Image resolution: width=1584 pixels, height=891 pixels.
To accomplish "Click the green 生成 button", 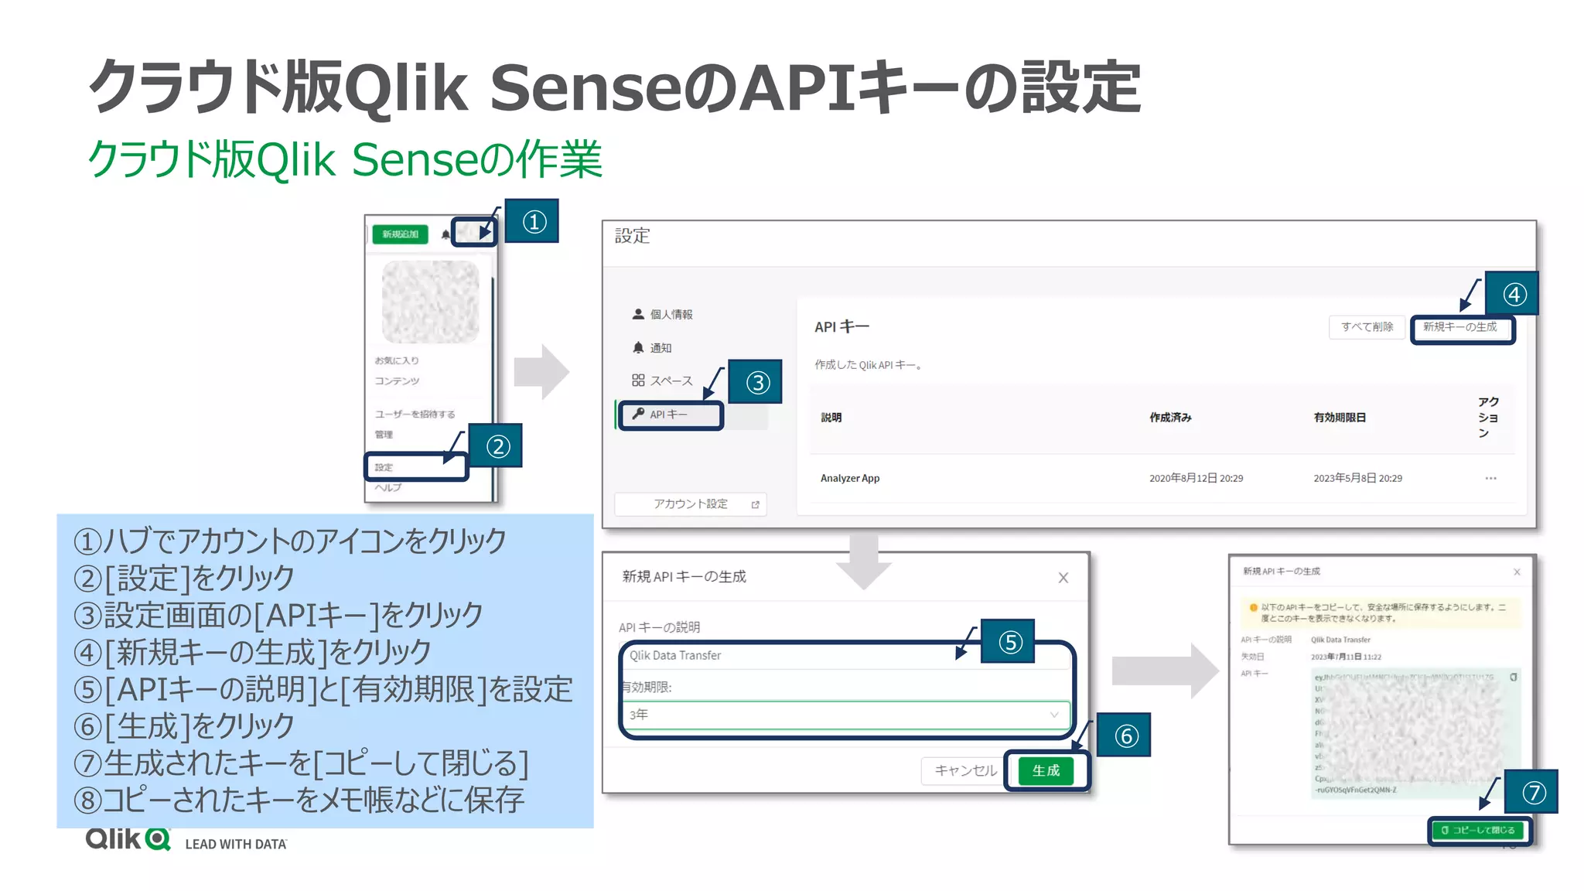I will (x=1046, y=770).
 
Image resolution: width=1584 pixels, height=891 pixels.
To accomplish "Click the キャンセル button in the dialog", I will (x=964, y=770).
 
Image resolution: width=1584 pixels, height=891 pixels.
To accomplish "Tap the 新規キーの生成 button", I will (x=1460, y=327).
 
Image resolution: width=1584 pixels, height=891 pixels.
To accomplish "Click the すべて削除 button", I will (x=1367, y=327).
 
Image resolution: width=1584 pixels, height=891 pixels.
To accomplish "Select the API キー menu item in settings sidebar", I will (x=670, y=415).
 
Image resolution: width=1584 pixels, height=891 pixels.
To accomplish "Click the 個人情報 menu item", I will (x=671, y=314).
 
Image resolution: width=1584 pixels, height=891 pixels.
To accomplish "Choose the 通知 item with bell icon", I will (x=660, y=348).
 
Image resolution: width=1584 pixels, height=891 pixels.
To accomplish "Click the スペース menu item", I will (x=671, y=381).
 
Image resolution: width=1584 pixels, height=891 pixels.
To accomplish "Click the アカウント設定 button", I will (x=690, y=504).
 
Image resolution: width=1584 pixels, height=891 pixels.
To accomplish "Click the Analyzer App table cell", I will (x=850, y=478).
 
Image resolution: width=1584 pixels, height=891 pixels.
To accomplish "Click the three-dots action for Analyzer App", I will (x=1490, y=478).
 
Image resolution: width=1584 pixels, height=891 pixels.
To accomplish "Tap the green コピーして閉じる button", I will (x=1478, y=830).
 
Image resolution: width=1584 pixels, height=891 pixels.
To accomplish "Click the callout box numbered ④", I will (x=1514, y=294).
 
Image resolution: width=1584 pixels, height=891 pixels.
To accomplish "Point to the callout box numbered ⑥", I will (x=1125, y=735).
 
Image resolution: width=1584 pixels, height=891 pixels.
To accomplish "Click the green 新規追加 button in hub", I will (x=400, y=234).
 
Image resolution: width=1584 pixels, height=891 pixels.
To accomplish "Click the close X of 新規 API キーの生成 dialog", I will (x=1063, y=578).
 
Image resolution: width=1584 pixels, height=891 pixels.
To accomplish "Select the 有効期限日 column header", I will (x=1340, y=418).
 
